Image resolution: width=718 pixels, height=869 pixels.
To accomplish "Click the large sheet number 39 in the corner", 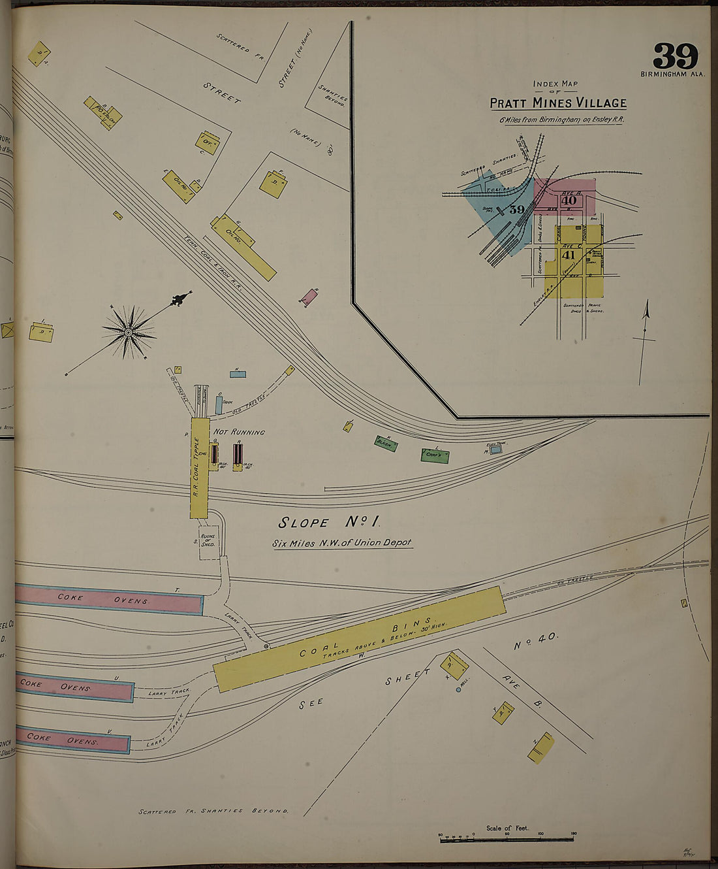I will tap(675, 56).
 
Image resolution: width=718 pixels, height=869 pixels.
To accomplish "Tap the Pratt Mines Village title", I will tap(558, 103).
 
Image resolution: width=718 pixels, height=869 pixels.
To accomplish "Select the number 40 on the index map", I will tap(568, 200).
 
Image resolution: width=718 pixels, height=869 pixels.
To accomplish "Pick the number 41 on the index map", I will tap(568, 255).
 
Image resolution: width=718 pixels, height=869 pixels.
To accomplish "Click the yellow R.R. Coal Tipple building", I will tap(199, 467).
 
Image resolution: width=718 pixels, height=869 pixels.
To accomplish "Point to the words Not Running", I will tap(239, 432).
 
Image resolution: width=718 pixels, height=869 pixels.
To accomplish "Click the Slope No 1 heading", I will tap(329, 522).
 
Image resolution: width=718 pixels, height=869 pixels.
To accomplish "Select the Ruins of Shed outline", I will tap(208, 541).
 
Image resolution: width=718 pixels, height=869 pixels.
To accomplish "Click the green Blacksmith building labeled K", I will tap(386, 443).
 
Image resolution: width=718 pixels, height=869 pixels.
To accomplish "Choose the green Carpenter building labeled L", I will tap(435, 455).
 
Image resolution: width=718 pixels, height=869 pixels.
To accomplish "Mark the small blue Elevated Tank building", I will tap(496, 449).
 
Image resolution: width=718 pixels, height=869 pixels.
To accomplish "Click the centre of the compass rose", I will tap(128, 333).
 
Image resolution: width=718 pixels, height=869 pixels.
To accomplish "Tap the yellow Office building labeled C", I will tap(207, 143).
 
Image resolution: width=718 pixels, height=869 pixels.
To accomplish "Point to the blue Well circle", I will tap(458, 689).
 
